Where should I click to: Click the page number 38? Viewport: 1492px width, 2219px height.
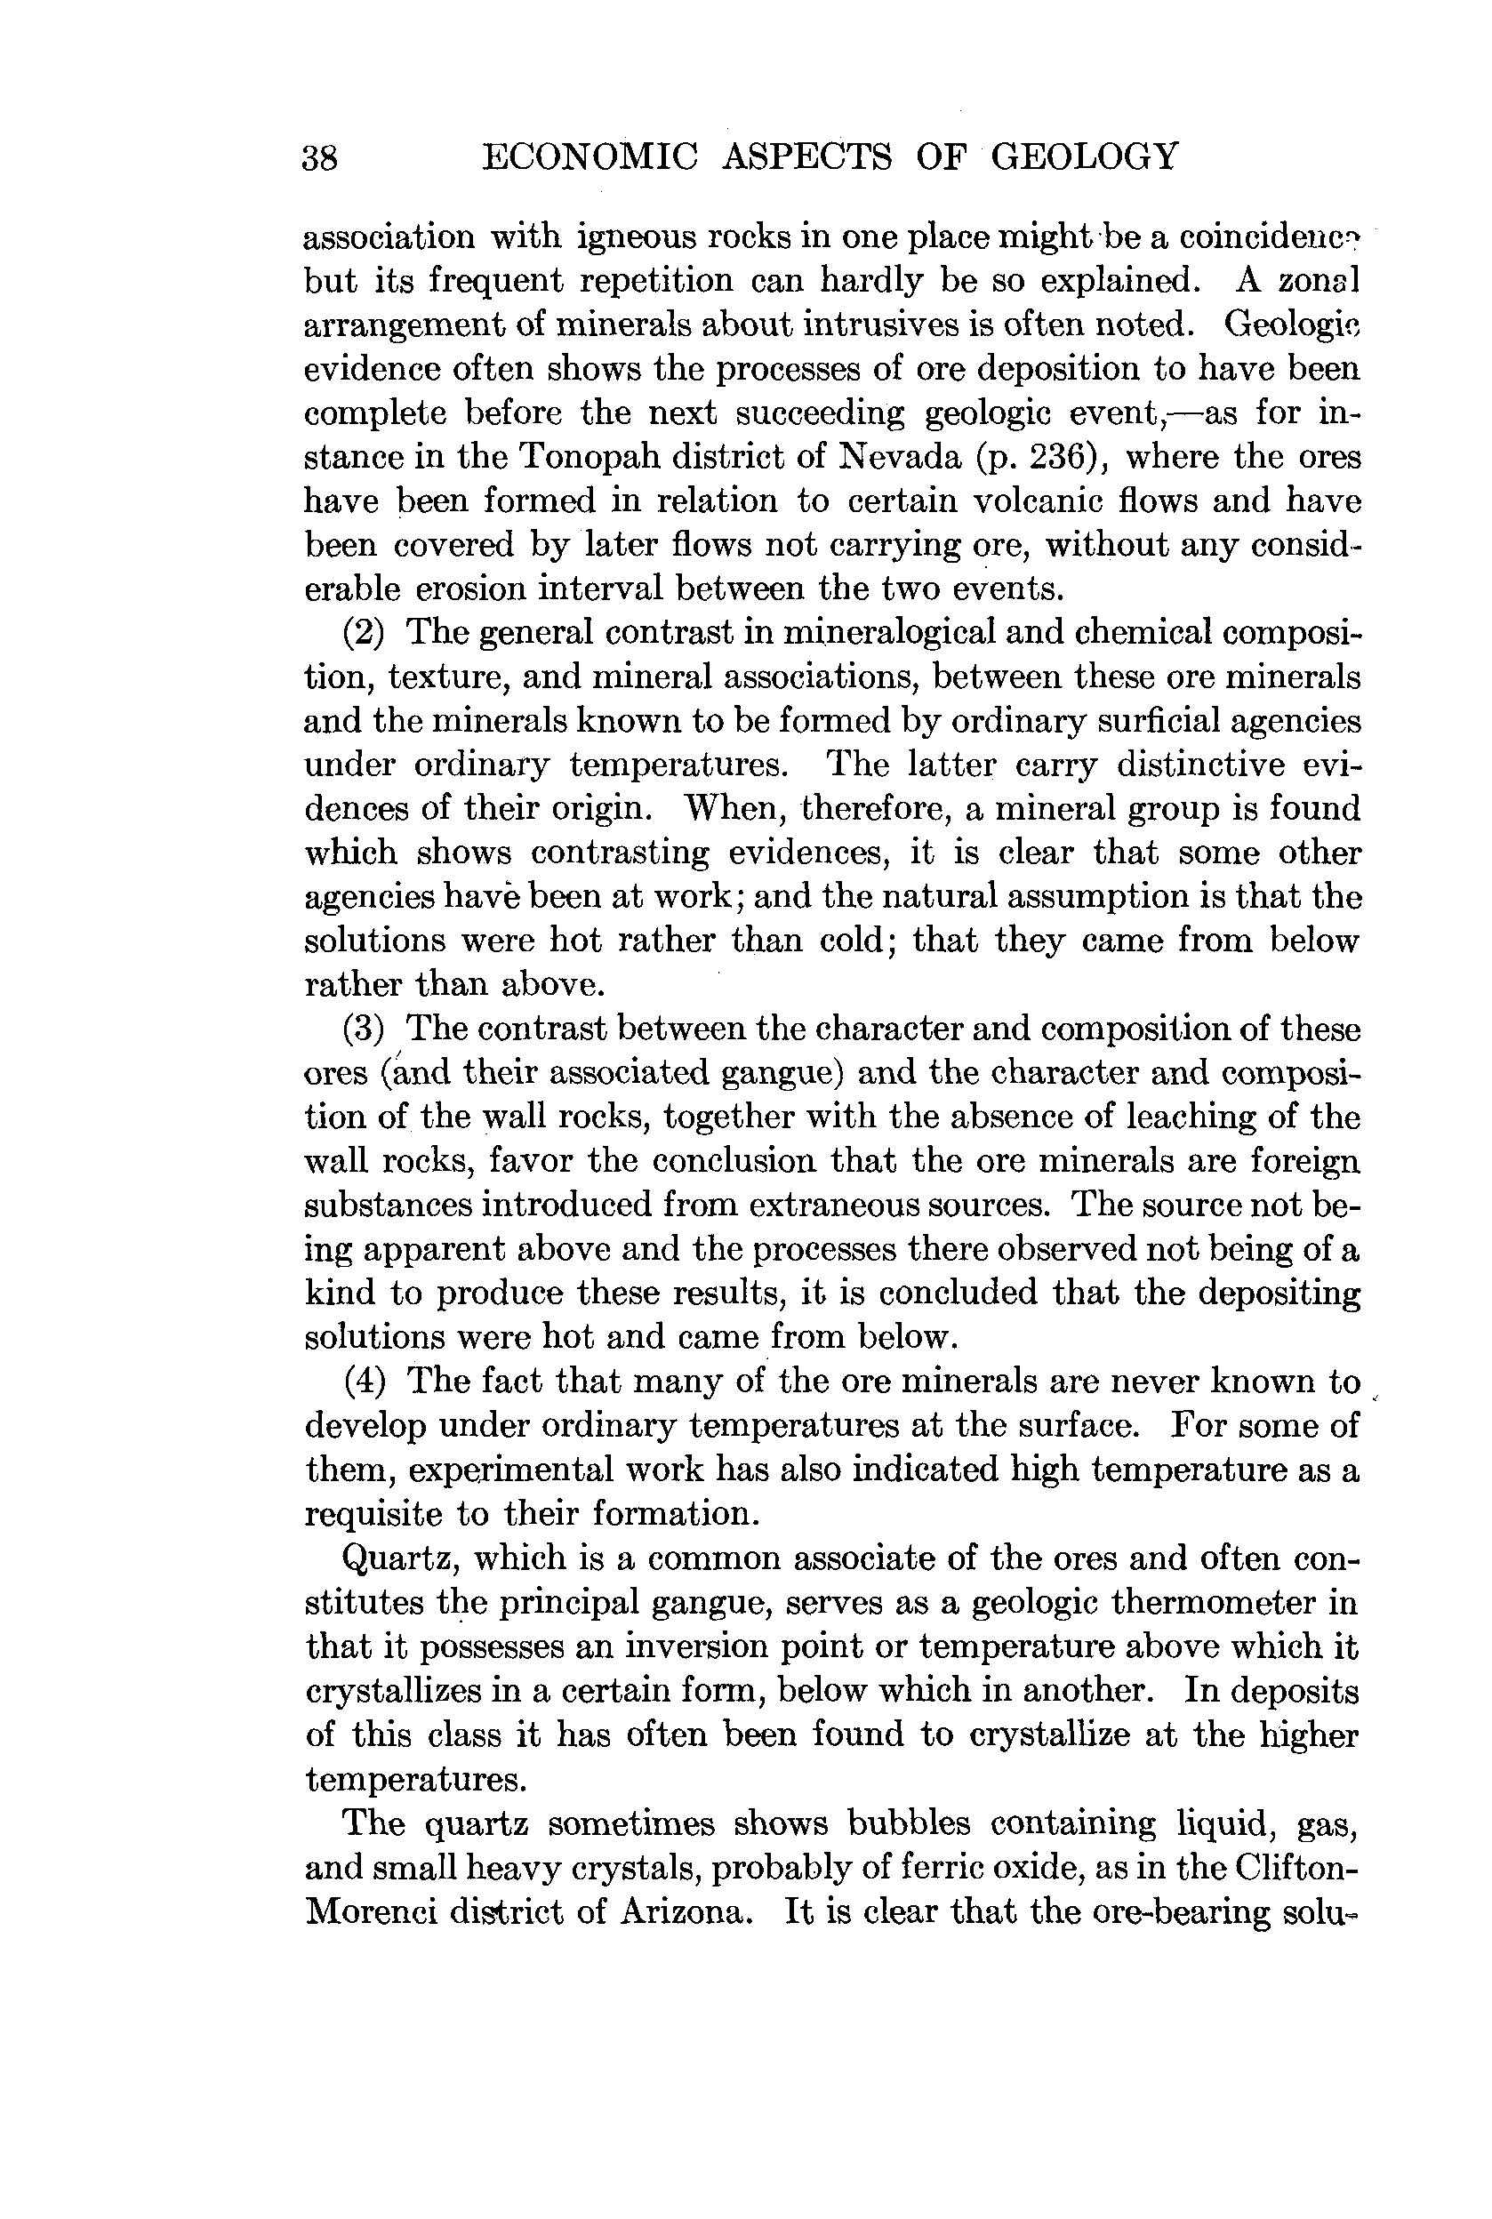(320, 157)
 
